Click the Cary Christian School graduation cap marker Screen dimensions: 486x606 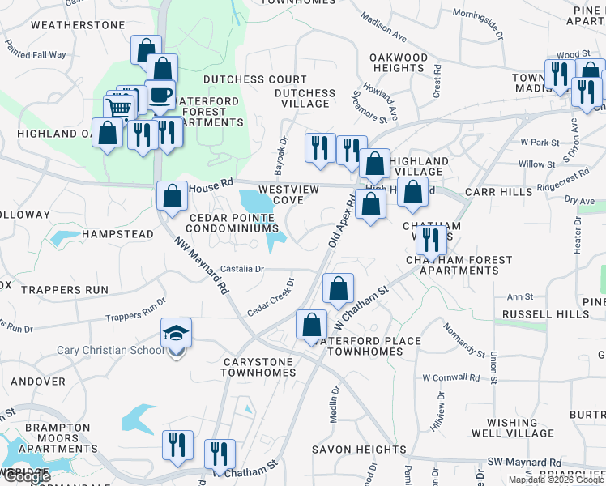tap(176, 334)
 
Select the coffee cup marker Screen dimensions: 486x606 tap(160, 96)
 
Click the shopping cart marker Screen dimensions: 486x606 tap(119, 108)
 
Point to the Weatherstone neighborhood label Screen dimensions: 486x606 tap(78, 25)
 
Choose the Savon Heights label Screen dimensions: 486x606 tap(361, 450)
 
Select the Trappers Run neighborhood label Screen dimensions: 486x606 tap(65, 289)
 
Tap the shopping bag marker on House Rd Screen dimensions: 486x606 tap(172, 195)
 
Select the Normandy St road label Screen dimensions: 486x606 tap(459, 339)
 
